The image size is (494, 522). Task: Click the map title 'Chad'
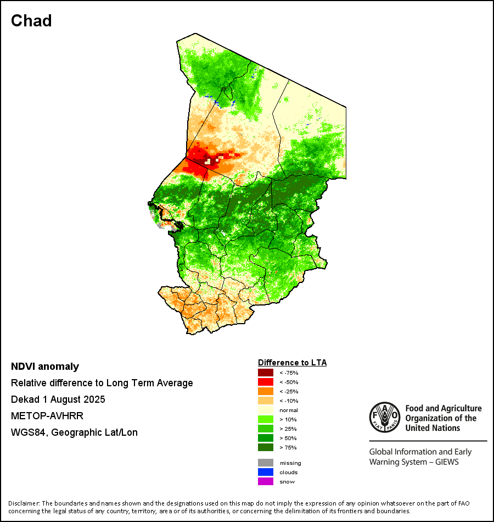click(31, 21)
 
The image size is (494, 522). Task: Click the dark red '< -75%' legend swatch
click(265, 373)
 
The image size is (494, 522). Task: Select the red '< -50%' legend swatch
click(265, 382)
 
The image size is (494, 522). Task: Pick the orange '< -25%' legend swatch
click(265, 391)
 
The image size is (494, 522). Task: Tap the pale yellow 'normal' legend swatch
click(265, 410)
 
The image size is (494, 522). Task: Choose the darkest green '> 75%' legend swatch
click(265, 448)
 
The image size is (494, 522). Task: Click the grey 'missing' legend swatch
click(265, 463)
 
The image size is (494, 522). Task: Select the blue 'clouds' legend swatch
click(265, 472)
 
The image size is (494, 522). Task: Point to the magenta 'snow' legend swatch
click(265, 481)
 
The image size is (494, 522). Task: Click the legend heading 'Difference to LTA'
click(292, 363)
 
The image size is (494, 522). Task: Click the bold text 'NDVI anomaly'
click(45, 366)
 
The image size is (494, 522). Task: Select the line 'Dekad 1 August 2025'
click(58, 399)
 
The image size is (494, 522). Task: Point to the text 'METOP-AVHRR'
click(47, 416)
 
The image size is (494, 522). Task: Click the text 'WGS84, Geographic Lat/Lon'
click(74, 432)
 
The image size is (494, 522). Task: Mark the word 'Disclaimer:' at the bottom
click(24, 503)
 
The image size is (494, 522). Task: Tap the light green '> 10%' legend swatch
click(265, 420)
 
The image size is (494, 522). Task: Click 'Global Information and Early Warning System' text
click(420, 457)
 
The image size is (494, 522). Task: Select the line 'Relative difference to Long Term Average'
click(102, 383)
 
